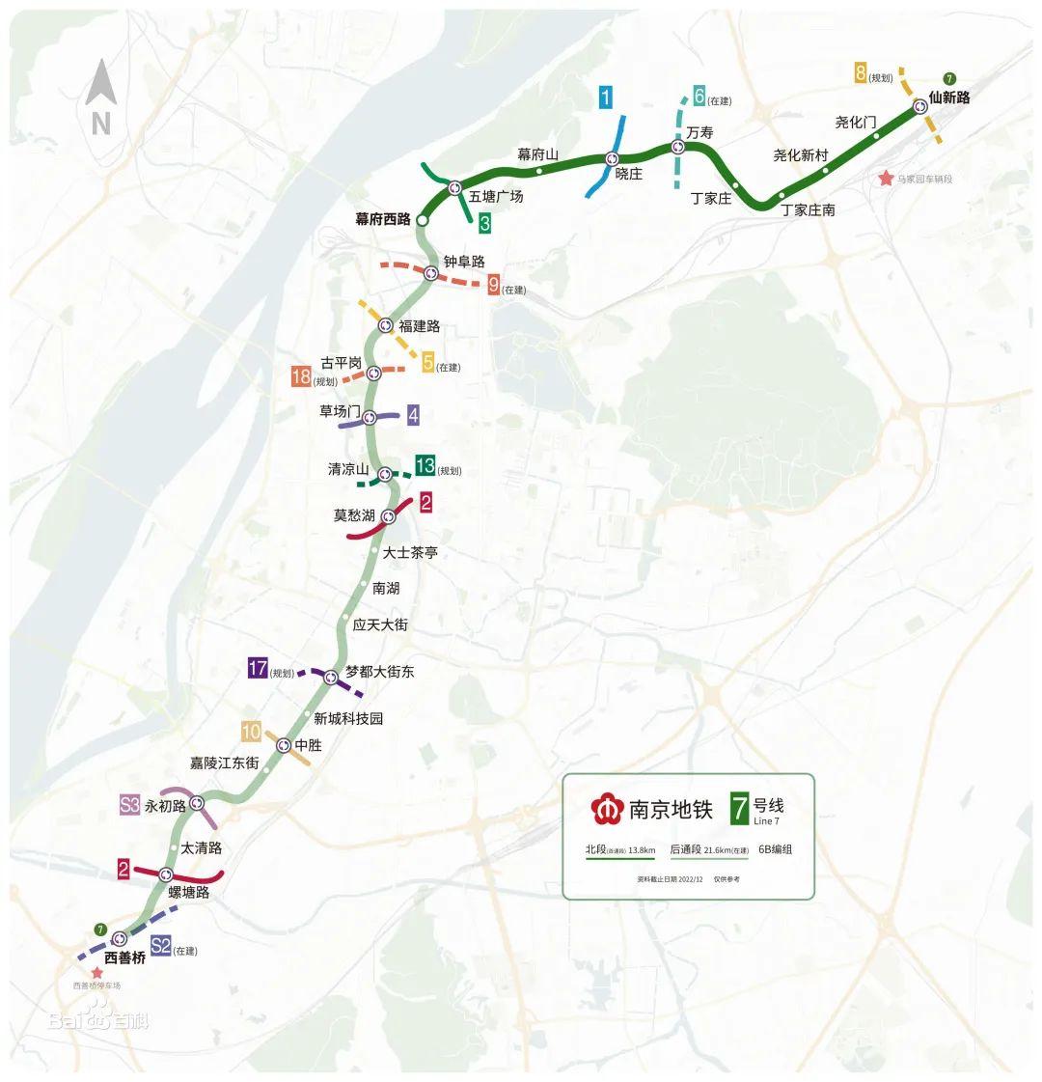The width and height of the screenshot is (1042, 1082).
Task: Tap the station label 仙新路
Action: tap(948, 97)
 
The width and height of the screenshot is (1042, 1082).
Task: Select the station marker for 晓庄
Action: tap(612, 158)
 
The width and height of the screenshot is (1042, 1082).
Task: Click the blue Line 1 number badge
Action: tap(605, 97)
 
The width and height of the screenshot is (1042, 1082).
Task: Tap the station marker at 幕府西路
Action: tap(423, 220)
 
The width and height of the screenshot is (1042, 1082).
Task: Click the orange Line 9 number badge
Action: tap(494, 285)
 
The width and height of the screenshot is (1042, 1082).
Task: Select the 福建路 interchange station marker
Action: tap(385, 325)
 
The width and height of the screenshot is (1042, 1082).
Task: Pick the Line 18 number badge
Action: tap(301, 376)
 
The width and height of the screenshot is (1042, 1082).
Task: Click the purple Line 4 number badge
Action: tap(413, 415)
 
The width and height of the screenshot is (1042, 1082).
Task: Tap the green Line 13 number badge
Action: tap(425, 466)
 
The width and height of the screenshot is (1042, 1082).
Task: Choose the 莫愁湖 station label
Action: tap(353, 515)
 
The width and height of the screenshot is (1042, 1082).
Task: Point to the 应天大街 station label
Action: tap(380, 624)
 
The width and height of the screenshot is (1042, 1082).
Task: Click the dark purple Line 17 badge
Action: tap(258, 668)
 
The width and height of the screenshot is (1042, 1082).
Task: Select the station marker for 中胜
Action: tap(284, 745)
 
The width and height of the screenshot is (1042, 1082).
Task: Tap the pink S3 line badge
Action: tap(130, 805)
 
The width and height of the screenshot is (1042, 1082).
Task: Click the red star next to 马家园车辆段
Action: tap(886, 179)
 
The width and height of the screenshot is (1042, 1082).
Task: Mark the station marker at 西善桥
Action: tap(120, 938)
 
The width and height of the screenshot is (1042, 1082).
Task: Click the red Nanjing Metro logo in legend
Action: tap(607, 809)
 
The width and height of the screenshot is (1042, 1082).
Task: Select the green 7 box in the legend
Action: tap(740, 808)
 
